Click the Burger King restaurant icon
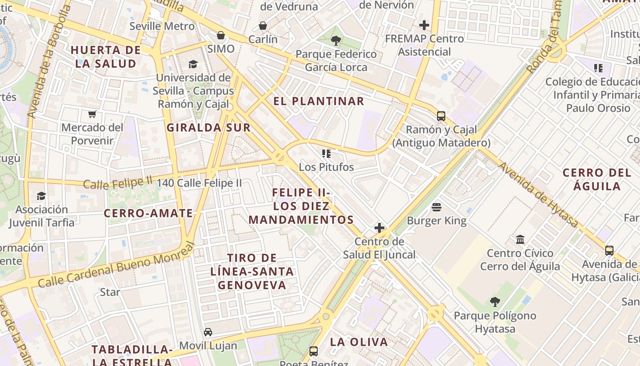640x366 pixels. (x=437, y=207)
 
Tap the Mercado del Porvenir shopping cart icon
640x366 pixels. (x=92, y=114)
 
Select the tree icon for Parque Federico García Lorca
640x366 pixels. (x=336, y=41)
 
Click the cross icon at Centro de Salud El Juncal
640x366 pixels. (x=379, y=228)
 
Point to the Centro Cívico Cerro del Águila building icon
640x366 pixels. (x=520, y=239)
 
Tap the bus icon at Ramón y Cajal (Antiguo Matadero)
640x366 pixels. (x=441, y=116)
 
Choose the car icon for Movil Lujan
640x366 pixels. (x=208, y=332)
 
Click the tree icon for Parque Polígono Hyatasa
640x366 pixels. (x=495, y=302)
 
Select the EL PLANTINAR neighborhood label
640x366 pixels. (x=319, y=101)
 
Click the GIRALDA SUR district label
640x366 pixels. (x=208, y=128)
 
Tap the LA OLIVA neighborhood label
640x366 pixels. (x=359, y=342)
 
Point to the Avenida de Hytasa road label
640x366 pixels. (x=539, y=195)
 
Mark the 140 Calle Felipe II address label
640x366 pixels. (x=199, y=183)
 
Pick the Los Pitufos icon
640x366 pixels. (x=326, y=154)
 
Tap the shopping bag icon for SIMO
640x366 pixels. (x=221, y=35)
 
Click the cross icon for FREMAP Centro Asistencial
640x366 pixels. (x=424, y=25)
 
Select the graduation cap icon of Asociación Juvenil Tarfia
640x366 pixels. (x=41, y=196)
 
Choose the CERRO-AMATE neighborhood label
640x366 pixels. (x=149, y=213)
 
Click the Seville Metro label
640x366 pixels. (x=162, y=26)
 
